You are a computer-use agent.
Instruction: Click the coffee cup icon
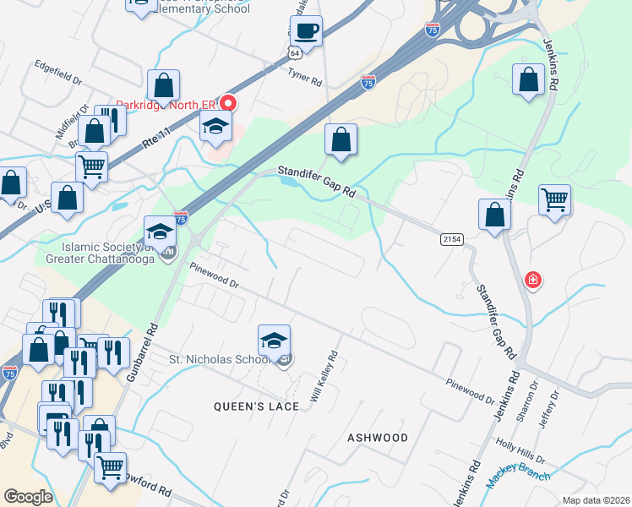[x=305, y=31]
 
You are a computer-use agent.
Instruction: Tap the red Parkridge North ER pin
[x=228, y=104]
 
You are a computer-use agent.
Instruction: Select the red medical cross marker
[x=532, y=280]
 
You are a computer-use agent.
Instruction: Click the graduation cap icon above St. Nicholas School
[x=274, y=341]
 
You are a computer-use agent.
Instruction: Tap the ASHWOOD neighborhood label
[x=378, y=438]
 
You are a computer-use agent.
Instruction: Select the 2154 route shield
[x=452, y=240]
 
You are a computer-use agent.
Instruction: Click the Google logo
[x=28, y=496]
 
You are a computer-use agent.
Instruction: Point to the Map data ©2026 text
[x=595, y=500]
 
